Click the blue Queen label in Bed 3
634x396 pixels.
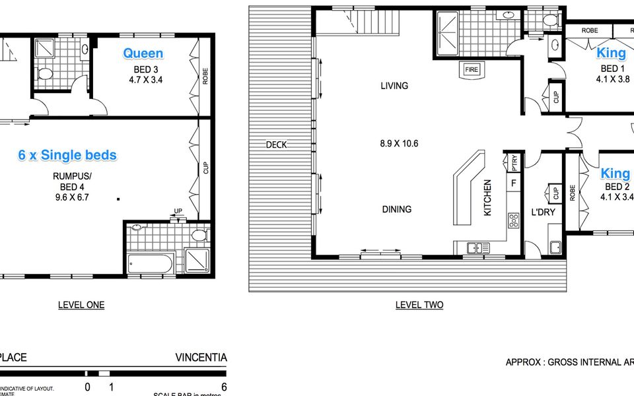pos(143,53)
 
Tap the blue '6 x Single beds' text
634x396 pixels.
pos(67,155)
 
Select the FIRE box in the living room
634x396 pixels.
pos(472,69)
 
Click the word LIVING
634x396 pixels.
pos(394,86)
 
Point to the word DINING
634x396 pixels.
pos(396,209)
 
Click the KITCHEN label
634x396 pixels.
pos(488,198)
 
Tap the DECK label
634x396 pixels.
pos(276,145)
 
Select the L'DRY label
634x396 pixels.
pos(543,213)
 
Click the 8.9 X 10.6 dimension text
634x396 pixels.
pos(400,143)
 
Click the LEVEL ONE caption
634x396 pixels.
pos(81,305)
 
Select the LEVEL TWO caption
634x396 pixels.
pos(419,305)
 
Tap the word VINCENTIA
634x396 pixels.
pos(201,358)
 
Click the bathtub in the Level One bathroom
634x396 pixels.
pos(151,264)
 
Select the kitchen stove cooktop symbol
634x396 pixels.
pos(512,220)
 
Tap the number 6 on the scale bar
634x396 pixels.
pos(224,387)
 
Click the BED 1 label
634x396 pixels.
pos(612,69)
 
